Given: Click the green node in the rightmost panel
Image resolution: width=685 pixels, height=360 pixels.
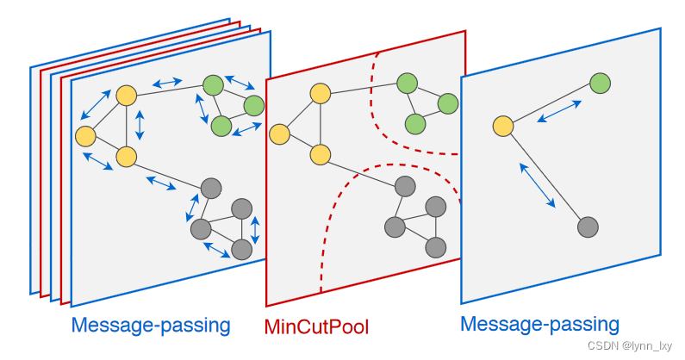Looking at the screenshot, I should tap(601, 84).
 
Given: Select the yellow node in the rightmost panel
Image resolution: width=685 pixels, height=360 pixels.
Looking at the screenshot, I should tap(503, 127).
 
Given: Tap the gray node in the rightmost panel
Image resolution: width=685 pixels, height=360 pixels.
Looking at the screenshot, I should tap(588, 227).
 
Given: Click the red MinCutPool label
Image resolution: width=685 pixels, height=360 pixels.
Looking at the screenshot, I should tap(316, 327).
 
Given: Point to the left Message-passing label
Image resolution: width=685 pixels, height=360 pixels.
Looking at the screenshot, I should tap(151, 326).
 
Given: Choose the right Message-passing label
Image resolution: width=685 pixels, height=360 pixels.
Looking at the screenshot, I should tap(539, 325).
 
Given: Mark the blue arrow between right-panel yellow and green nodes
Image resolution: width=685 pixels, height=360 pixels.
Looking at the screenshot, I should tap(559, 111).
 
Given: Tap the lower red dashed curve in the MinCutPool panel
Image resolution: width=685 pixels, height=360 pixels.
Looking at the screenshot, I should tap(353, 207).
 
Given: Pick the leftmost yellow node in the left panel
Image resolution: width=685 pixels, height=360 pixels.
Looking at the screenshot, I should tap(84, 136).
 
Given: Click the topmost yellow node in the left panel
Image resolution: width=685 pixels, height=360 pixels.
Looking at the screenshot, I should tap(127, 96).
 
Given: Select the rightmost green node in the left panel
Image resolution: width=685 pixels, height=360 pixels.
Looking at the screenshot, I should tap(253, 106).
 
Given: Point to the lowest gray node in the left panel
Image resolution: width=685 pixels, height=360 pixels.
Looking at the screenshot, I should tap(242, 249).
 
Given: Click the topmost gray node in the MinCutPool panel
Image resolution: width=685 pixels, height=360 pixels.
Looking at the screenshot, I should tap(405, 187).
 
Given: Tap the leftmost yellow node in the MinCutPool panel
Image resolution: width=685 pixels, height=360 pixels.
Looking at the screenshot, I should tap(278, 134).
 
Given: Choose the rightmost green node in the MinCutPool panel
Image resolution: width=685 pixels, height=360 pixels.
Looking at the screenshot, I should tap(447, 104).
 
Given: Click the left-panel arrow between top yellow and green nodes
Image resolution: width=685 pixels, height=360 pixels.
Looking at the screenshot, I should tap(167, 84).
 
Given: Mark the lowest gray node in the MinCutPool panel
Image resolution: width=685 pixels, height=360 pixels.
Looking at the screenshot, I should tap(436, 247).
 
